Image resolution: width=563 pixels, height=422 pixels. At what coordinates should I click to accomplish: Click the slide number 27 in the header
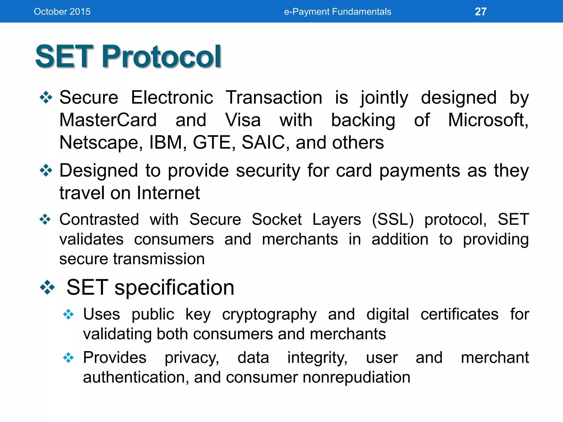pos(481,12)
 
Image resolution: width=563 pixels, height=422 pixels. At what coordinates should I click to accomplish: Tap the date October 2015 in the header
pos(62,12)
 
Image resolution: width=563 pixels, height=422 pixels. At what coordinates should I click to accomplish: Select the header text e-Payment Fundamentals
pos(337,12)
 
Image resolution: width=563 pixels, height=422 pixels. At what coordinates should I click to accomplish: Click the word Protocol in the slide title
pos(161,57)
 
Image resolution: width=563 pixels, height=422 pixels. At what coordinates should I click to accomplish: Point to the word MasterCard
pos(108,120)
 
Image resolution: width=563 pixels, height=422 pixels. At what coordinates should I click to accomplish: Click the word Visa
pos(243,120)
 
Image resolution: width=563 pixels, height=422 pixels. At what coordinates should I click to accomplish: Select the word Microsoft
pos(487,120)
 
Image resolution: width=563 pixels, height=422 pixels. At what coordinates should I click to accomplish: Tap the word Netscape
pos(101,143)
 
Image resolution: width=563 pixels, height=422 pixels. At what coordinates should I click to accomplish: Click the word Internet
pos(168,193)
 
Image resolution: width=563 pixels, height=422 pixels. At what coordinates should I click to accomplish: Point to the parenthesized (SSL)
pos(393,220)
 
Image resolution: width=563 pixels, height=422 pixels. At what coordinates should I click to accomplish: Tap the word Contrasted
pos(99,220)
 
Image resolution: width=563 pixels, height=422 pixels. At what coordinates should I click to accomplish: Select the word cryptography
pos(269,315)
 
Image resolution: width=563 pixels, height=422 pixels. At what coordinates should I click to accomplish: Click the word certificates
pos(459,314)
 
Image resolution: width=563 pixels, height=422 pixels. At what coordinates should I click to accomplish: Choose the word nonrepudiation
pos(356,377)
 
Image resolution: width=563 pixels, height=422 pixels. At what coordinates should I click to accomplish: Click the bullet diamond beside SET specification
pos(47,287)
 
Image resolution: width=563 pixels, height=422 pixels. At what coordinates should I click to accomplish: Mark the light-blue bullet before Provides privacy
pos(68,358)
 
